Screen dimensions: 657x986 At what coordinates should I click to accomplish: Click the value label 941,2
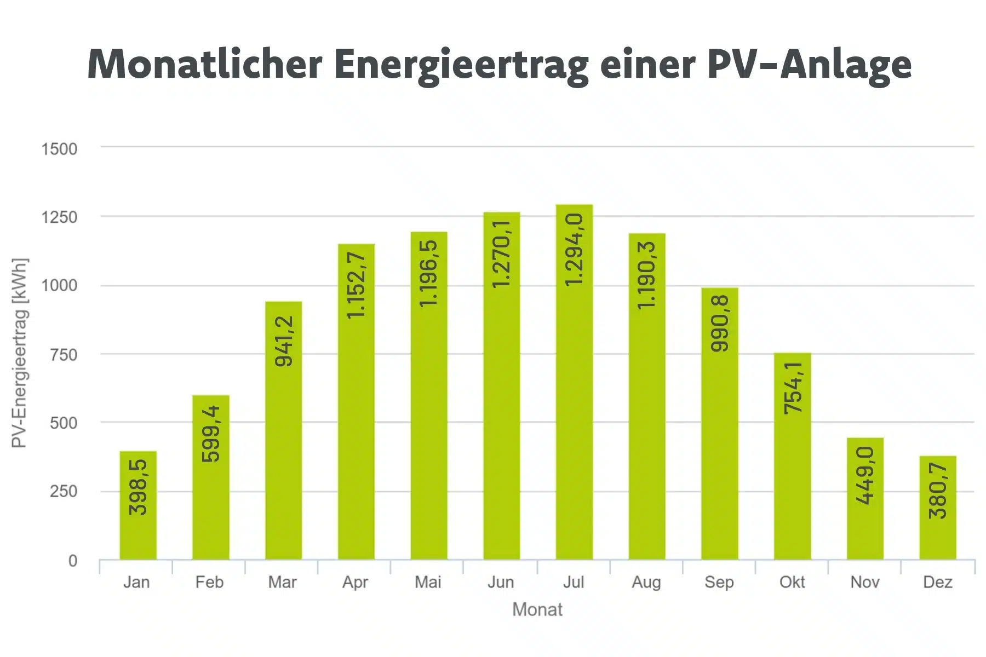284,341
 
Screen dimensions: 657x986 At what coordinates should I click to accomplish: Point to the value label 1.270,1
502,253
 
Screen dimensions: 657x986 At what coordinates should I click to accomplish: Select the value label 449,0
865,475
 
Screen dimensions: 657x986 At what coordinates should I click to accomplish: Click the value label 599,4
211,434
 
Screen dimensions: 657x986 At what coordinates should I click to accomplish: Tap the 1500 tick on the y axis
59,149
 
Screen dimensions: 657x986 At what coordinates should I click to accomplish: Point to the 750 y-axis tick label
63,355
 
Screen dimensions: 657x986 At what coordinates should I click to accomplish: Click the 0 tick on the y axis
72,561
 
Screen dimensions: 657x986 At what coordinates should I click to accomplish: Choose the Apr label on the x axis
355,582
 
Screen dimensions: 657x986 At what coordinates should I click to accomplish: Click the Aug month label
646,582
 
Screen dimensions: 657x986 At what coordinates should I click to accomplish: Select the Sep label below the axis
719,582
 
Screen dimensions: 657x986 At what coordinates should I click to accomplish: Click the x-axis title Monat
537,609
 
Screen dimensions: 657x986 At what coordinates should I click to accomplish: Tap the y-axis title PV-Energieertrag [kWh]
19,353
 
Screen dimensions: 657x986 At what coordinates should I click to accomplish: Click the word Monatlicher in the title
205,65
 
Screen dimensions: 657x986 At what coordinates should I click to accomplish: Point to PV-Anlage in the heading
809,65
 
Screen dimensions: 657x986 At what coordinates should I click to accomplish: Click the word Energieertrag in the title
461,65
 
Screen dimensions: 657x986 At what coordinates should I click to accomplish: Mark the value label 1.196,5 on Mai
429,273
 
